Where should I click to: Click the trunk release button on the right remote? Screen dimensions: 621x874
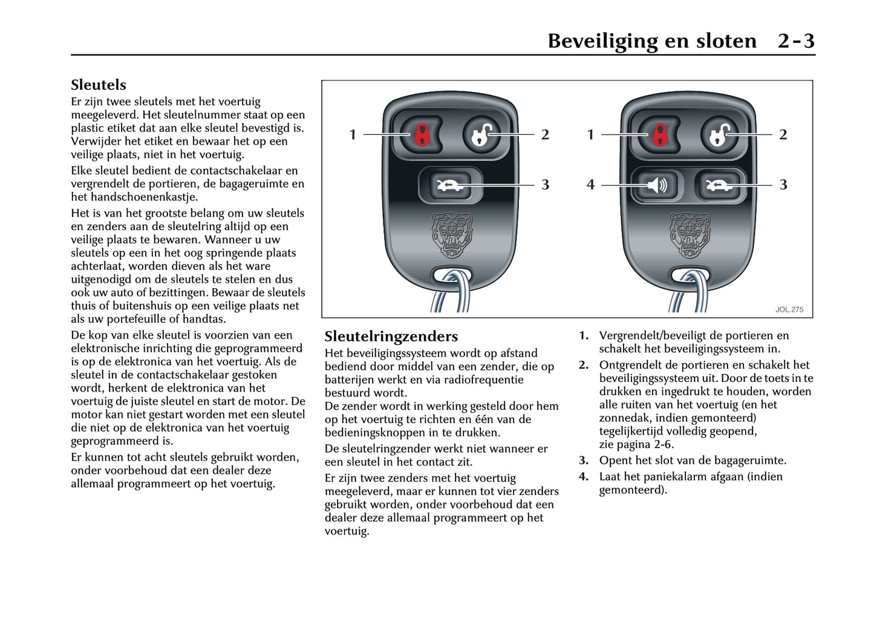tap(718, 185)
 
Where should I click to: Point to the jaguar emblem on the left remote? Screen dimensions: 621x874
tap(451, 235)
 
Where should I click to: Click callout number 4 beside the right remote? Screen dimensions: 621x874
tap(590, 185)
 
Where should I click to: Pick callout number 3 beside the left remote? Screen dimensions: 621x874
tap(545, 185)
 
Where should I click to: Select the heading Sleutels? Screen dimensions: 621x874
tap(98, 85)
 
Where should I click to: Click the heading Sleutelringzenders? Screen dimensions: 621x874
tap(391, 337)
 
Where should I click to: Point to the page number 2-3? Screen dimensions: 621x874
tap(796, 41)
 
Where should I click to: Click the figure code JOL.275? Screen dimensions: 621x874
tap(789, 309)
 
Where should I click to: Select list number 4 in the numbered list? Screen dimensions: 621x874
tap(583, 476)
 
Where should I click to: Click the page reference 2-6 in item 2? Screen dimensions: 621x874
tap(664, 444)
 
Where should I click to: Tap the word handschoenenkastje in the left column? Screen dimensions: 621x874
tap(144, 197)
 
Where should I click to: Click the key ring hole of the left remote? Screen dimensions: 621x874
tap(451, 276)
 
